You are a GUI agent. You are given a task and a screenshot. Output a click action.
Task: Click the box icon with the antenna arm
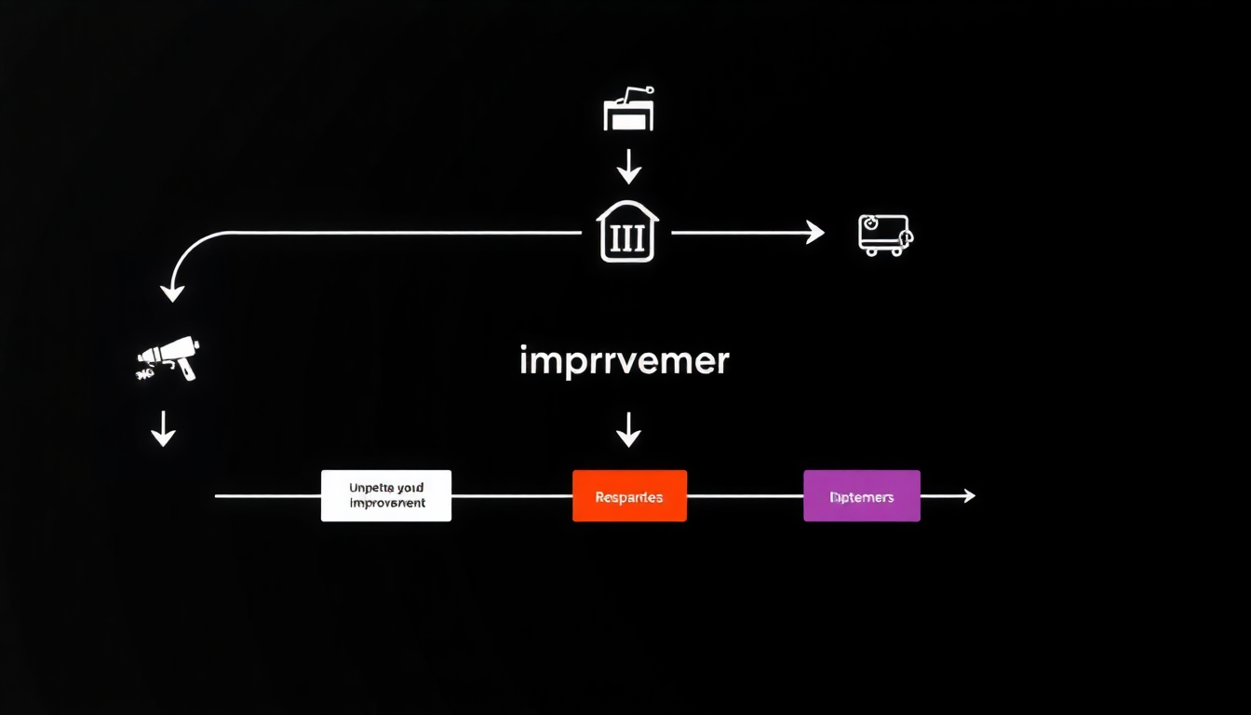tap(629, 110)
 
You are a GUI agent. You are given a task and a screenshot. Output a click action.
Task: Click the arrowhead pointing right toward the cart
tap(814, 233)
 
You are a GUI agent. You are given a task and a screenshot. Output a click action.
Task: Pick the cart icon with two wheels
tap(884, 235)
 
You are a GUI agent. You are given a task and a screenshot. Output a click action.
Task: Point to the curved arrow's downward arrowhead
tap(172, 292)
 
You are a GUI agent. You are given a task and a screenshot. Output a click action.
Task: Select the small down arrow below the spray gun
tap(163, 429)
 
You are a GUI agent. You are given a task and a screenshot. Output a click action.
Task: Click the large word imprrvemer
tap(624, 361)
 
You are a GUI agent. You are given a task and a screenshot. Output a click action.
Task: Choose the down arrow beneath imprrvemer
tap(629, 429)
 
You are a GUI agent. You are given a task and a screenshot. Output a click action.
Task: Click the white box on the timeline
tap(386, 495)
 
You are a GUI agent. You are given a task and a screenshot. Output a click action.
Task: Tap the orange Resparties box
tap(629, 495)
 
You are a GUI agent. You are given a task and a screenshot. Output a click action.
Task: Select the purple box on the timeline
tap(862, 495)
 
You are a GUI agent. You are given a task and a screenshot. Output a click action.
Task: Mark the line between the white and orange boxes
tap(511, 496)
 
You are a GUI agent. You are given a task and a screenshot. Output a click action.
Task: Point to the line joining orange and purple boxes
tap(745, 496)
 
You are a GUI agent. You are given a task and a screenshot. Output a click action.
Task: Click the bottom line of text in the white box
tap(386, 504)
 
